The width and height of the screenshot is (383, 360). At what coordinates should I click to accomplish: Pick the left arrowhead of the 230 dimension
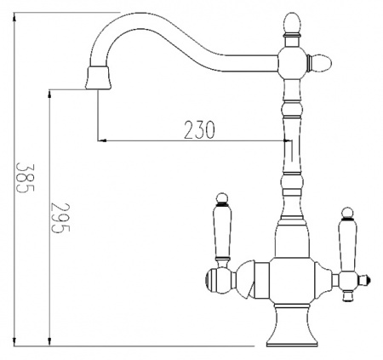(102, 140)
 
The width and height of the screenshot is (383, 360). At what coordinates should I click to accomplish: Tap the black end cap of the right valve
(366, 277)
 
